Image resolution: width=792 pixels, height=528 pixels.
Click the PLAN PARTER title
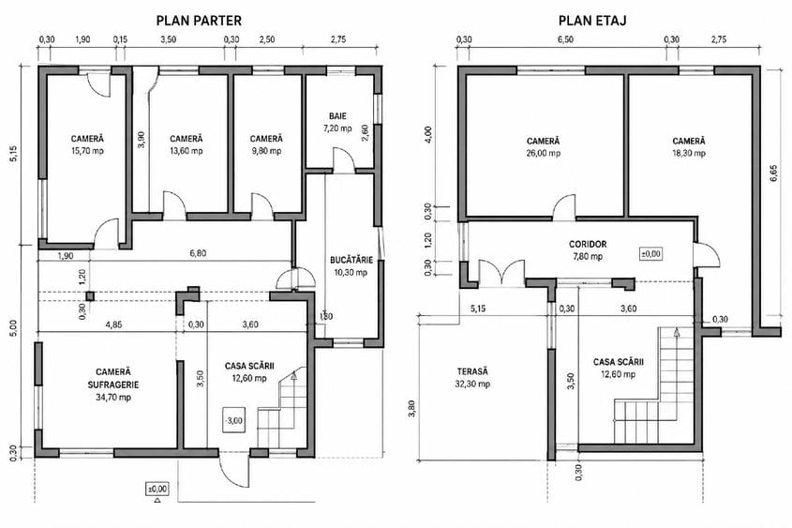click(x=199, y=21)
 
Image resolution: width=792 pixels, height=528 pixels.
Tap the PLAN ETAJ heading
click(x=592, y=21)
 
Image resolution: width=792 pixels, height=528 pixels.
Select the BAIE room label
click(x=338, y=116)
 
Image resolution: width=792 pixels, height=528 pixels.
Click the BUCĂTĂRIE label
click(x=351, y=260)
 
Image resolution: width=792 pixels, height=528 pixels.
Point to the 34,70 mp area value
click(x=113, y=398)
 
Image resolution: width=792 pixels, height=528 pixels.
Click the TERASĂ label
click(x=472, y=371)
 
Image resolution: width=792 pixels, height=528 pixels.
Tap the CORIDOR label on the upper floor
click(x=588, y=244)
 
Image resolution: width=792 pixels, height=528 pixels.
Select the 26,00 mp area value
click(x=544, y=154)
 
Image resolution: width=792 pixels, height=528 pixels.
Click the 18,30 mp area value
click(x=689, y=154)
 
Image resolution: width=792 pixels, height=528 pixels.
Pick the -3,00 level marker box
click(x=234, y=420)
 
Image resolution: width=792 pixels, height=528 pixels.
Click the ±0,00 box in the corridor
click(x=651, y=253)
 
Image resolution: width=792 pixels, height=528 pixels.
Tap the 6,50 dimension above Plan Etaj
click(x=566, y=39)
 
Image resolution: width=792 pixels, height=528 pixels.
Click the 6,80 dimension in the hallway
click(x=198, y=253)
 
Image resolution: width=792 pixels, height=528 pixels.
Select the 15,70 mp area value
click(x=88, y=151)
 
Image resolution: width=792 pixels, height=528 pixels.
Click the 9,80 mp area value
click(x=267, y=151)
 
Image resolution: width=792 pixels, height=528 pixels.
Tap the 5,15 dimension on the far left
click(x=14, y=154)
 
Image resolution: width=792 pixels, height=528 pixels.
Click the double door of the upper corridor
click(x=501, y=274)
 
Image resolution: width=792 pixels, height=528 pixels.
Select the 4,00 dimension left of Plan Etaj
click(x=428, y=134)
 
